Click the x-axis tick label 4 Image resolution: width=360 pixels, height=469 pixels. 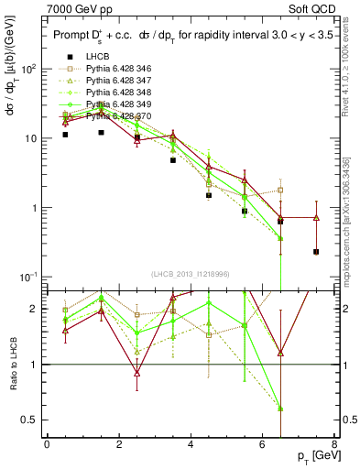coord(191,444)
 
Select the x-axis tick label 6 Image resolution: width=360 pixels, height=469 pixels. coord(262,444)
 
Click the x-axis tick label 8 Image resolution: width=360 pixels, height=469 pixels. coord(333,444)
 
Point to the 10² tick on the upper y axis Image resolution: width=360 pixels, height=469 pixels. coord(29,69)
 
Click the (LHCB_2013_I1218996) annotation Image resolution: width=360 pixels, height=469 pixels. coord(192,275)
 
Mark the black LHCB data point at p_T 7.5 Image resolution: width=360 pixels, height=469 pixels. coord(316,252)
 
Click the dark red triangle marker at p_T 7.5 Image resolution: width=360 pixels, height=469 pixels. coord(316,218)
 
